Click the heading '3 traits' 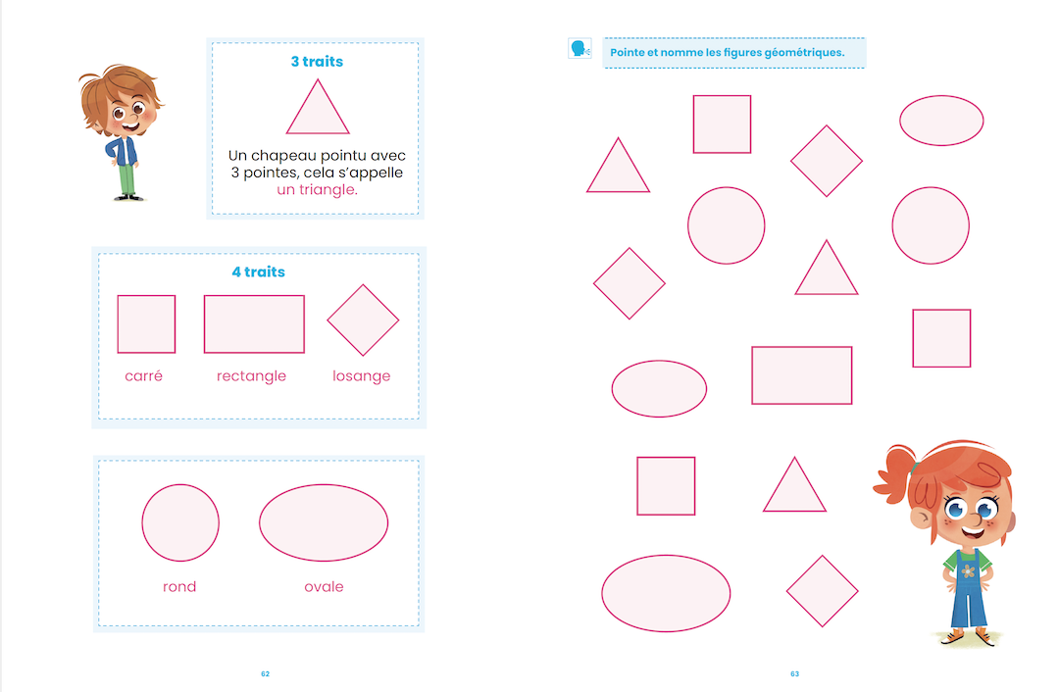[317, 61]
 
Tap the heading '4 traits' [258, 272]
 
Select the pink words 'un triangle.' [317, 189]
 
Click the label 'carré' [144, 375]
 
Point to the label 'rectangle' [251, 375]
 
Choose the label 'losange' [361, 375]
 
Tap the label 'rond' [179, 586]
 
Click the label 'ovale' [324, 586]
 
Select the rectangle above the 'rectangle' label [254, 323]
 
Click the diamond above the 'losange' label [363, 321]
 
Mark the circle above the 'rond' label [180, 522]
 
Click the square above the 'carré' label [146, 323]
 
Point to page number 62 [265, 673]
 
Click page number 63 [794, 673]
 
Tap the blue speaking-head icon [579, 48]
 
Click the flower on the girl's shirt [970, 568]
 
